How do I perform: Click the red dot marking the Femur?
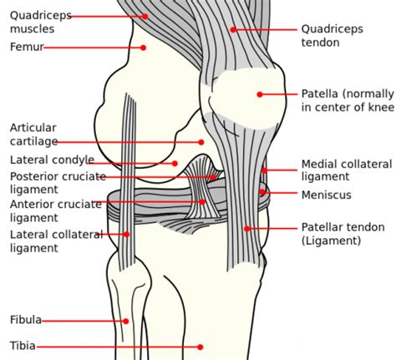[x=144, y=48]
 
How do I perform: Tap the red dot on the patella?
[x=260, y=94]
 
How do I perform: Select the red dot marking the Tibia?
[x=200, y=347]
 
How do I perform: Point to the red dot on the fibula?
[x=126, y=321]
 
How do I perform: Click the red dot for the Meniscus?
[x=262, y=191]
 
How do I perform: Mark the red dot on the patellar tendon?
[x=246, y=229]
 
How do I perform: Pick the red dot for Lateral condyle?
[x=175, y=164]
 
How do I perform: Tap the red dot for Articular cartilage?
[x=201, y=142]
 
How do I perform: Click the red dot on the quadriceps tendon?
[x=233, y=29]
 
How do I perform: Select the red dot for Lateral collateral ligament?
[x=127, y=235]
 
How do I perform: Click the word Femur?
[x=27, y=47]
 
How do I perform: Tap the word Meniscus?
[x=326, y=195]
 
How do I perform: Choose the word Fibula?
[x=26, y=320]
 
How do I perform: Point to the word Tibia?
[x=23, y=346]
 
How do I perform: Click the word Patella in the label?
[x=320, y=94]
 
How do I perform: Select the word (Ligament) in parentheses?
[x=332, y=241]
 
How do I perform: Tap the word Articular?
[x=33, y=128]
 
